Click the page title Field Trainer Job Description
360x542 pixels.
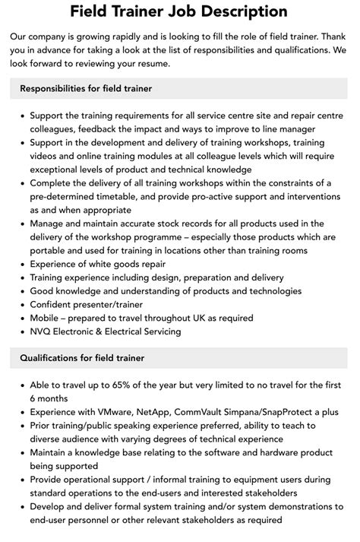[179, 11]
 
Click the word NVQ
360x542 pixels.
[43, 331]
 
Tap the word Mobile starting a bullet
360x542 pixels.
[48, 318]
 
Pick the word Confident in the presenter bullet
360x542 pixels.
[55, 305]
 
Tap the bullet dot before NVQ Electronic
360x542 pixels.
[21, 331]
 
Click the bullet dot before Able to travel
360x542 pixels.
[21, 385]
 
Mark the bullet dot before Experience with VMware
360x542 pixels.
[21, 411]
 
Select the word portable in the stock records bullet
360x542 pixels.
[52, 251]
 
